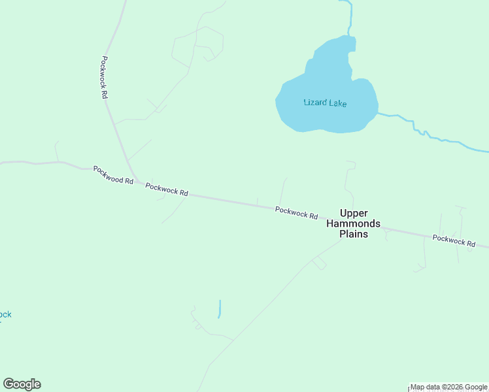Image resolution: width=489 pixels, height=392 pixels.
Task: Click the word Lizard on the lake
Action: click(314, 103)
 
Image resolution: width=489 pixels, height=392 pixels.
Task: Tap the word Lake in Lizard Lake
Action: click(337, 103)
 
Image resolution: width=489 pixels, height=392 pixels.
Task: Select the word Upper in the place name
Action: click(354, 213)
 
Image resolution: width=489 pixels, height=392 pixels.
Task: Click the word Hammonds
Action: click(353, 223)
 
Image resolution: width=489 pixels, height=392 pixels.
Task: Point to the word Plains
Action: click(353, 234)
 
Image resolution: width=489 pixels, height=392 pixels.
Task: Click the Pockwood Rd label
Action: click(113, 174)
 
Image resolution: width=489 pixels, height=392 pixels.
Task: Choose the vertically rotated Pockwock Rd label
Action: click(103, 76)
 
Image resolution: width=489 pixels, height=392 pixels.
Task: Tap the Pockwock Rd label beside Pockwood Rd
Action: click(167, 189)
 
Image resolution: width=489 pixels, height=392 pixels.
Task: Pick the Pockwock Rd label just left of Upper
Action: click(296, 212)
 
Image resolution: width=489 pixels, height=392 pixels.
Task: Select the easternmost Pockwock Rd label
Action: click(454, 240)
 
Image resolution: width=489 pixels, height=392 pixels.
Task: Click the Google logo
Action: click(22, 384)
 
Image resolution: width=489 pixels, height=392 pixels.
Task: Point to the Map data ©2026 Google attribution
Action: click(448, 387)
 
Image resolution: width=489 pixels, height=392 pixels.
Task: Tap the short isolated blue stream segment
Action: click(220, 308)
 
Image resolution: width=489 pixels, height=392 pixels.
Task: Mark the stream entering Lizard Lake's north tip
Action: click(350, 16)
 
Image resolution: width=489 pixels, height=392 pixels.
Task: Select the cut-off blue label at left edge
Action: click(5, 315)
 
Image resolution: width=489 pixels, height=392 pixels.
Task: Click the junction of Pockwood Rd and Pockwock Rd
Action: click(135, 180)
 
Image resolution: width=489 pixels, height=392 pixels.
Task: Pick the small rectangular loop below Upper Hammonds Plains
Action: click(319, 263)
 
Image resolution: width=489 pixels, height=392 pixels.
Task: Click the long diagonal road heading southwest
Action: click(268, 301)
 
